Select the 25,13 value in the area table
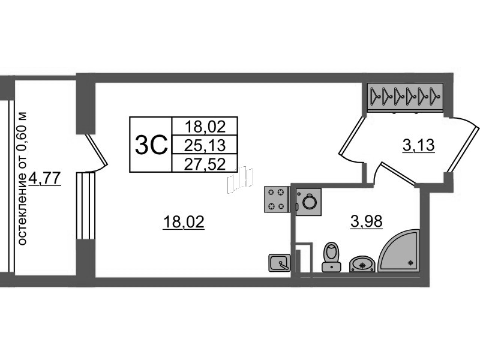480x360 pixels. (x=205, y=145)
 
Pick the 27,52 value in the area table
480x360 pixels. (x=205, y=164)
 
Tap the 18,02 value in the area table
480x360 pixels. (x=205, y=127)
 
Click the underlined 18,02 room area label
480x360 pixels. (x=184, y=221)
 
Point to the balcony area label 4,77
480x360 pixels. (x=44, y=178)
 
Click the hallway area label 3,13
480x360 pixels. (x=418, y=145)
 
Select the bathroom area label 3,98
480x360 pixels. (x=367, y=221)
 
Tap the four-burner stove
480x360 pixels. (x=277, y=199)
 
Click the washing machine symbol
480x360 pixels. (x=308, y=202)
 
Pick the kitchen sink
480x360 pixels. (x=280, y=263)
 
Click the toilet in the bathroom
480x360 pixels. (x=332, y=257)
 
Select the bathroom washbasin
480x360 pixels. (x=362, y=264)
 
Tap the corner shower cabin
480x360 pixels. (x=398, y=251)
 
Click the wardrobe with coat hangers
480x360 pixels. (x=406, y=96)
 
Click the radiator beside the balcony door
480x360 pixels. (x=86, y=206)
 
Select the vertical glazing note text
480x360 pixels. (x=22, y=179)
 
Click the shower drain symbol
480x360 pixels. (x=410, y=262)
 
